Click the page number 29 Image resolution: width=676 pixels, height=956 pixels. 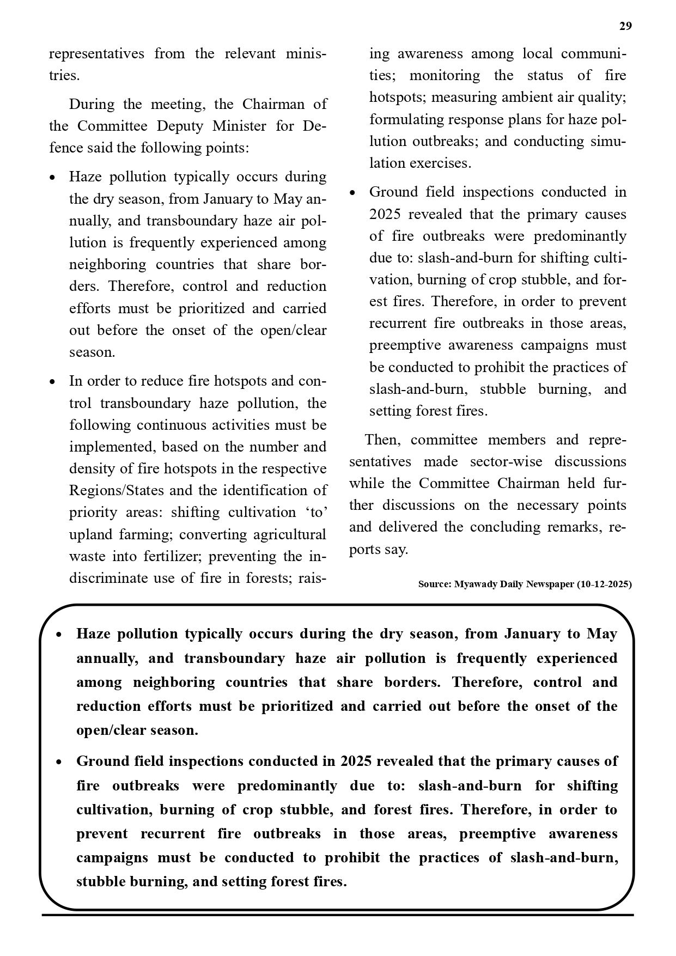coord(625,26)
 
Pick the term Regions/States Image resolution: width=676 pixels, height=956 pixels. coord(116,491)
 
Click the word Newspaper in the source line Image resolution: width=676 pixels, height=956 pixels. coord(551,584)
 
